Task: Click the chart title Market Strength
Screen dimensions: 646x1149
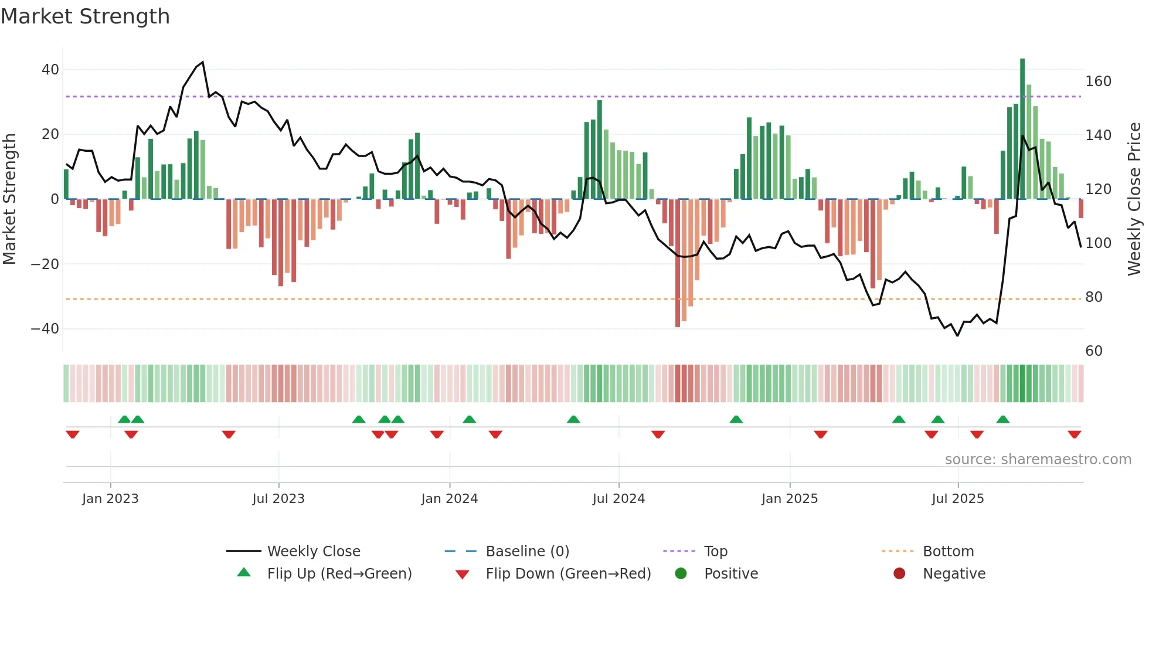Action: point(85,16)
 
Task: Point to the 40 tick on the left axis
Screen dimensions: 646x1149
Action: point(50,70)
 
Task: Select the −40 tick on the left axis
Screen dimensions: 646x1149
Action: point(45,329)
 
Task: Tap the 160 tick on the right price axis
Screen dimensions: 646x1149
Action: point(1098,81)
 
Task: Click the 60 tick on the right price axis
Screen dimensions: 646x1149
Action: point(1094,351)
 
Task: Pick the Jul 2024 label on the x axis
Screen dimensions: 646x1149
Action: point(618,499)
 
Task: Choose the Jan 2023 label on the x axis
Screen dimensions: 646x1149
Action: point(110,499)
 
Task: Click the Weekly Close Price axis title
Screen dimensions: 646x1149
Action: point(1134,199)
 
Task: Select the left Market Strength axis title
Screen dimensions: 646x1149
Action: point(9,199)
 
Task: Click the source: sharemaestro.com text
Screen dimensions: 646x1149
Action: point(1038,460)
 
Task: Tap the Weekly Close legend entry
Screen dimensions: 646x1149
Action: point(314,552)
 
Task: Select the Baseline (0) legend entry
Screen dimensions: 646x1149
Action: point(527,552)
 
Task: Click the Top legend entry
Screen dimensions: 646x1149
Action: point(715,552)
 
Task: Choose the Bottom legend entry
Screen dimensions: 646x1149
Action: point(948,552)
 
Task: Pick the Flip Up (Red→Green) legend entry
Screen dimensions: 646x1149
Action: point(339,574)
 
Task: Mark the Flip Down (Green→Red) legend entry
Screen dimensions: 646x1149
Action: point(568,574)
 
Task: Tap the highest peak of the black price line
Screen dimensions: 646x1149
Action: point(203,62)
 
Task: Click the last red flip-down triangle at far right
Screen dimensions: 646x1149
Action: point(1075,434)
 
